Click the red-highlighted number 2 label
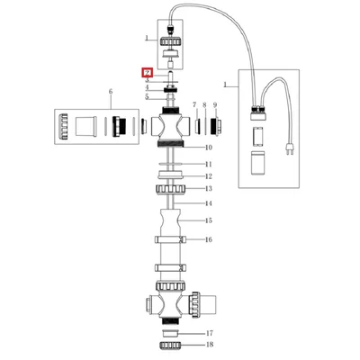point(148,73)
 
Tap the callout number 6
point(111,92)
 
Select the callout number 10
point(209,148)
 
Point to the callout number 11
point(209,164)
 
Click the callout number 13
point(209,188)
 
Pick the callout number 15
point(209,220)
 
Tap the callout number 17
point(210,333)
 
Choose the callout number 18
point(210,345)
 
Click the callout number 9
point(215,105)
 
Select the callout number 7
point(194,104)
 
